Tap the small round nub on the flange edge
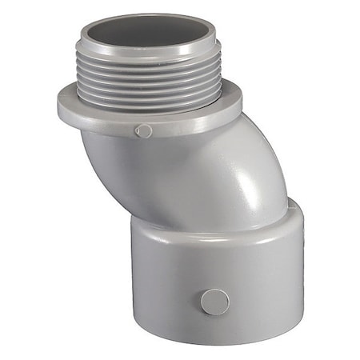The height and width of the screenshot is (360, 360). coord(143,131)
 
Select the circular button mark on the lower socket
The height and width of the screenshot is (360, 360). coord(214,302)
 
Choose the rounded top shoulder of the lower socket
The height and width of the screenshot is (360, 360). coord(184,228)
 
